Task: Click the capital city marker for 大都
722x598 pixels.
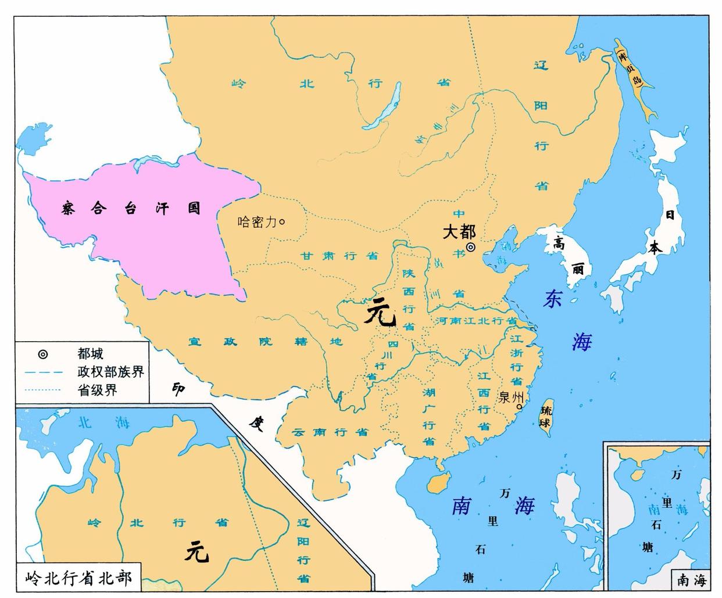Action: [471, 247]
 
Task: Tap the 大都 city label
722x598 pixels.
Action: [459, 232]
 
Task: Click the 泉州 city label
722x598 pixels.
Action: [511, 398]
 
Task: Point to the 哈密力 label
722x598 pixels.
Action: [257, 221]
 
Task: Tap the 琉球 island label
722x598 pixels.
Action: [545, 416]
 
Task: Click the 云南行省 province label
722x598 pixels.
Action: [330, 432]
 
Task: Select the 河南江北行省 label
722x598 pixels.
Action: [476, 320]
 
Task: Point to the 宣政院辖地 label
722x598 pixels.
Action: [265, 342]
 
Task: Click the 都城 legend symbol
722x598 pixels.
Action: [43, 354]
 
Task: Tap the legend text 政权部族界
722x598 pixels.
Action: [110, 372]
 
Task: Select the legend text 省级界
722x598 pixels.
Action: [97, 390]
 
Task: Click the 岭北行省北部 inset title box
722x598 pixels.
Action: [78, 578]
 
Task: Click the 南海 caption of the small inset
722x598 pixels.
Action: [691, 579]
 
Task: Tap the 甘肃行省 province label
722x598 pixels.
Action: [339, 256]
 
